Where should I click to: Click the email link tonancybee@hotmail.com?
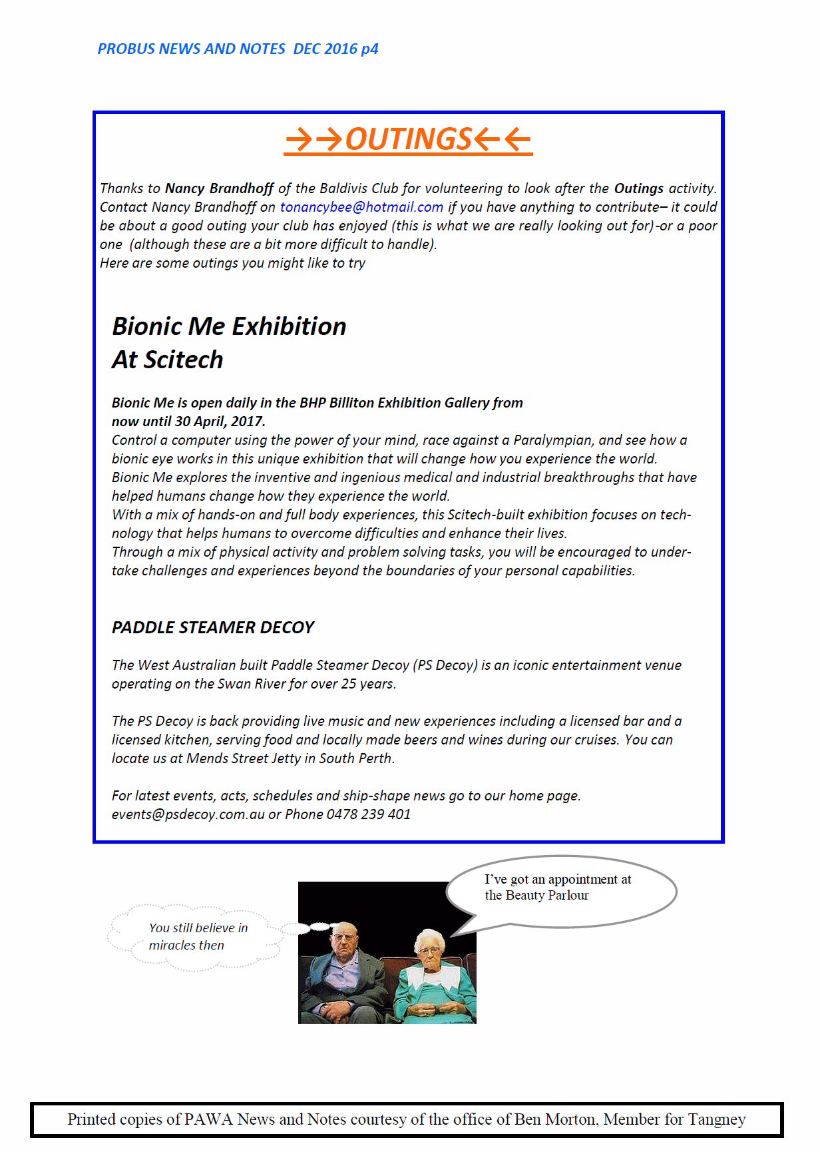(361, 207)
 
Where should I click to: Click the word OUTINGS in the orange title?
(408, 139)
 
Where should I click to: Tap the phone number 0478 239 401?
(368, 814)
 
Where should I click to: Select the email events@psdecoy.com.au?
(188, 814)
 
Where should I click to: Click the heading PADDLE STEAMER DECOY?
(213, 627)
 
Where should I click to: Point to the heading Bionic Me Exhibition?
(229, 326)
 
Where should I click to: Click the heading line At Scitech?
(168, 360)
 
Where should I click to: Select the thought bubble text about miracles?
(198, 936)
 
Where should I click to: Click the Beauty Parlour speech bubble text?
(557, 888)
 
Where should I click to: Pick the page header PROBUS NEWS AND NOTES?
(192, 49)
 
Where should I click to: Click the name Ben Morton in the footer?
(554, 1119)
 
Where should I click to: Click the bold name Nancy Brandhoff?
(219, 188)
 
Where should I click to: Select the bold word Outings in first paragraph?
(638, 188)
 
